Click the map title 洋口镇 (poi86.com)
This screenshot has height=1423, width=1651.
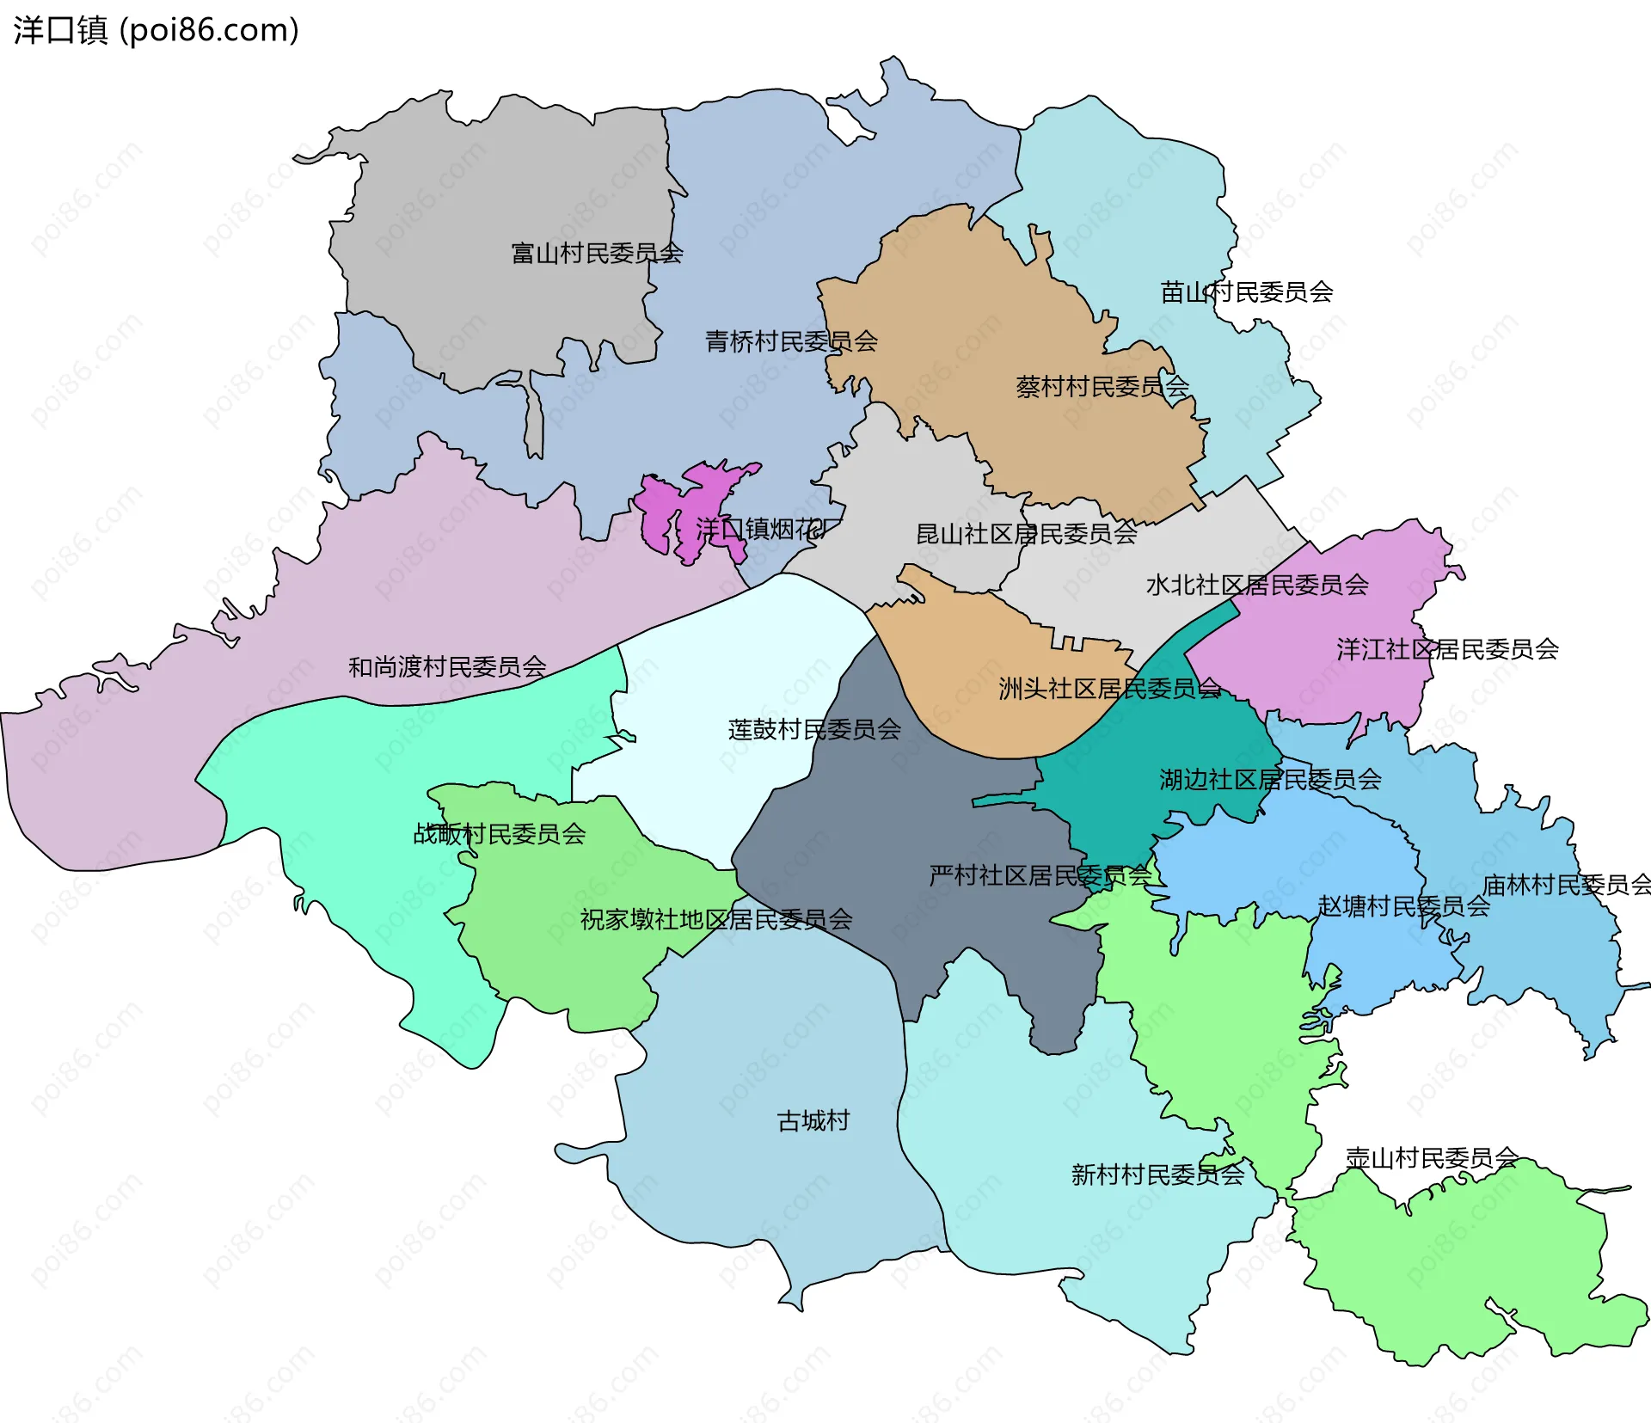pyautogui.click(x=156, y=30)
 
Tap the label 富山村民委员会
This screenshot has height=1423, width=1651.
pyautogui.click(x=597, y=254)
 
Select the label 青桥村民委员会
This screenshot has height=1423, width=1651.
pyautogui.click(x=791, y=342)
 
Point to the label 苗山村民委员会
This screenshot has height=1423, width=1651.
pyautogui.click(x=1246, y=293)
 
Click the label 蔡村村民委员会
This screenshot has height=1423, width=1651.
pyautogui.click(x=1102, y=387)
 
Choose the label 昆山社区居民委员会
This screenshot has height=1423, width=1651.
pyautogui.click(x=1026, y=535)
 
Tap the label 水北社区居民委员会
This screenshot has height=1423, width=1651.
pyautogui.click(x=1256, y=586)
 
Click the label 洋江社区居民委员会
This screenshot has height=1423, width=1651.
pyautogui.click(x=1447, y=650)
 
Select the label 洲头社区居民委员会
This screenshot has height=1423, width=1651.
pyautogui.click(x=1109, y=689)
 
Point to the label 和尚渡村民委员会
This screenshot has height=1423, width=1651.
pyautogui.click(x=447, y=667)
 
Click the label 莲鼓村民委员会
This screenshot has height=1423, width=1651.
pyautogui.click(x=814, y=730)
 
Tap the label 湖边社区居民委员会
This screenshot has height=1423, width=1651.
pyautogui.click(x=1270, y=780)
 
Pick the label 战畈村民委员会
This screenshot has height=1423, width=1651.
pyautogui.click(x=500, y=834)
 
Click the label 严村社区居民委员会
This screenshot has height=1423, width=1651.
pyautogui.click(x=1040, y=876)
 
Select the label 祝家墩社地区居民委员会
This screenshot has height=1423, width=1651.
pyautogui.click(x=716, y=920)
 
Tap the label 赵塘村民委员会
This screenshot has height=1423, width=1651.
pyautogui.click(x=1403, y=906)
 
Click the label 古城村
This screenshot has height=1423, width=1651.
pyautogui.click(x=813, y=1121)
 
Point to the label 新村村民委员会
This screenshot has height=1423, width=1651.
pyautogui.click(x=1157, y=1175)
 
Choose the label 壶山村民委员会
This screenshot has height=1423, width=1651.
pyautogui.click(x=1431, y=1159)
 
